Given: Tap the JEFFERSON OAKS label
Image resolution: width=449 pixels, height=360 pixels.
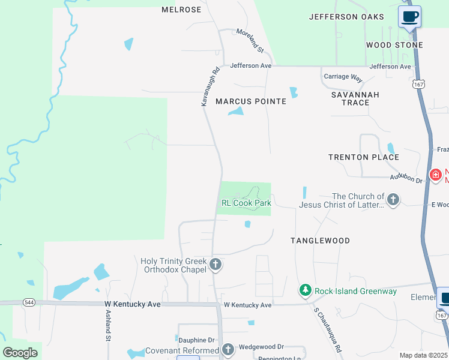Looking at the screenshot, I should [x=346, y=17].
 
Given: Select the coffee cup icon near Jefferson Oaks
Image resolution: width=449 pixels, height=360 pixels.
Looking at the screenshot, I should [x=410, y=17].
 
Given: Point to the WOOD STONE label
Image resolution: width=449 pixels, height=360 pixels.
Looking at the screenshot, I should [x=394, y=45].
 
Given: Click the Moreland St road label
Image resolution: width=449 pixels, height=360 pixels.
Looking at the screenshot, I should [x=250, y=40].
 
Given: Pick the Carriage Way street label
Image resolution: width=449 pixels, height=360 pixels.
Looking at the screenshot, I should [x=343, y=77].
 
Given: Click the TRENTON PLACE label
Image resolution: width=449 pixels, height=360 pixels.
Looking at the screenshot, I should [x=364, y=157].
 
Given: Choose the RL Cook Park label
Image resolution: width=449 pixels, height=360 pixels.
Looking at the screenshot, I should [x=246, y=203].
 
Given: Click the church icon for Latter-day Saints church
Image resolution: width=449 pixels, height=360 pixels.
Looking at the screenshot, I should [x=393, y=200].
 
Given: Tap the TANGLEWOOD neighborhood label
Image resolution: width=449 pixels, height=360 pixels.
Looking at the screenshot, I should [x=320, y=241].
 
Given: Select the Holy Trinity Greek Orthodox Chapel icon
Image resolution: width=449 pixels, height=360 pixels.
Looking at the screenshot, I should [x=215, y=265].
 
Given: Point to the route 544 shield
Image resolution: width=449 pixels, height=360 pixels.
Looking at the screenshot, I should [x=29, y=302].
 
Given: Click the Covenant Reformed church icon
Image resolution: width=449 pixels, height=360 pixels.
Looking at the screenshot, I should [x=228, y=350].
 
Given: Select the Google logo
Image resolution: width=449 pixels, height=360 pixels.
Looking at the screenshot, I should [x=20, y=352].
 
